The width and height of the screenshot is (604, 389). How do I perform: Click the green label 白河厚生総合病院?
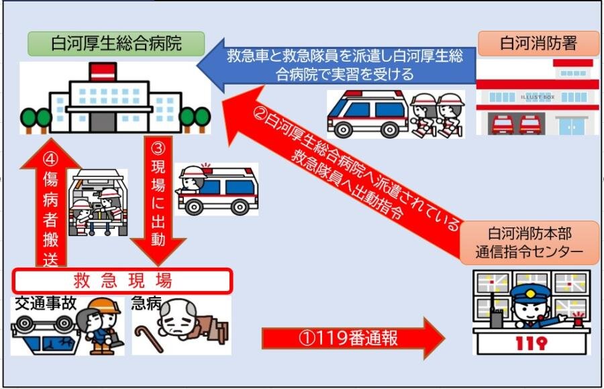coord(116,44)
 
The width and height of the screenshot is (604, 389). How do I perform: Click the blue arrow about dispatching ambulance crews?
coord(342,64)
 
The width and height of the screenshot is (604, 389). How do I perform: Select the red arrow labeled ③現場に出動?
coord(158,201)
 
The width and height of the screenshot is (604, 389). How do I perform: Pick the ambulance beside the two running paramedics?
coord(366,113)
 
